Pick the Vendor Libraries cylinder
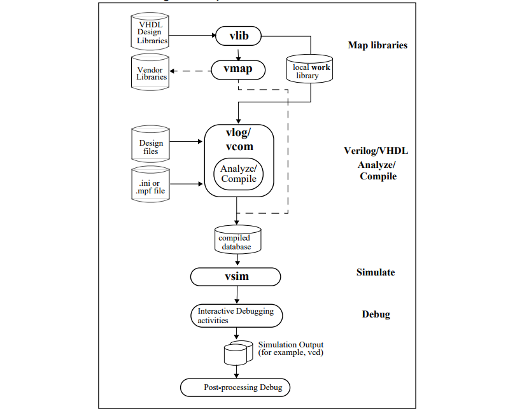[152, 73]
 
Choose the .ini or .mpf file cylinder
[152, 185]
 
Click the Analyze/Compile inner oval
[239, 174]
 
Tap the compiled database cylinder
[237, 239]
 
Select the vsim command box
[236, 277]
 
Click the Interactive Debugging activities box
[236, 316]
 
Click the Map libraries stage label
[377, 45]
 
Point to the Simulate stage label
[376, 272]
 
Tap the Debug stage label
[376, 314]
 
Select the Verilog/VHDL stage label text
[376, 151]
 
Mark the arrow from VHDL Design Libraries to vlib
[192, 36]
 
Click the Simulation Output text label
[291, 348]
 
